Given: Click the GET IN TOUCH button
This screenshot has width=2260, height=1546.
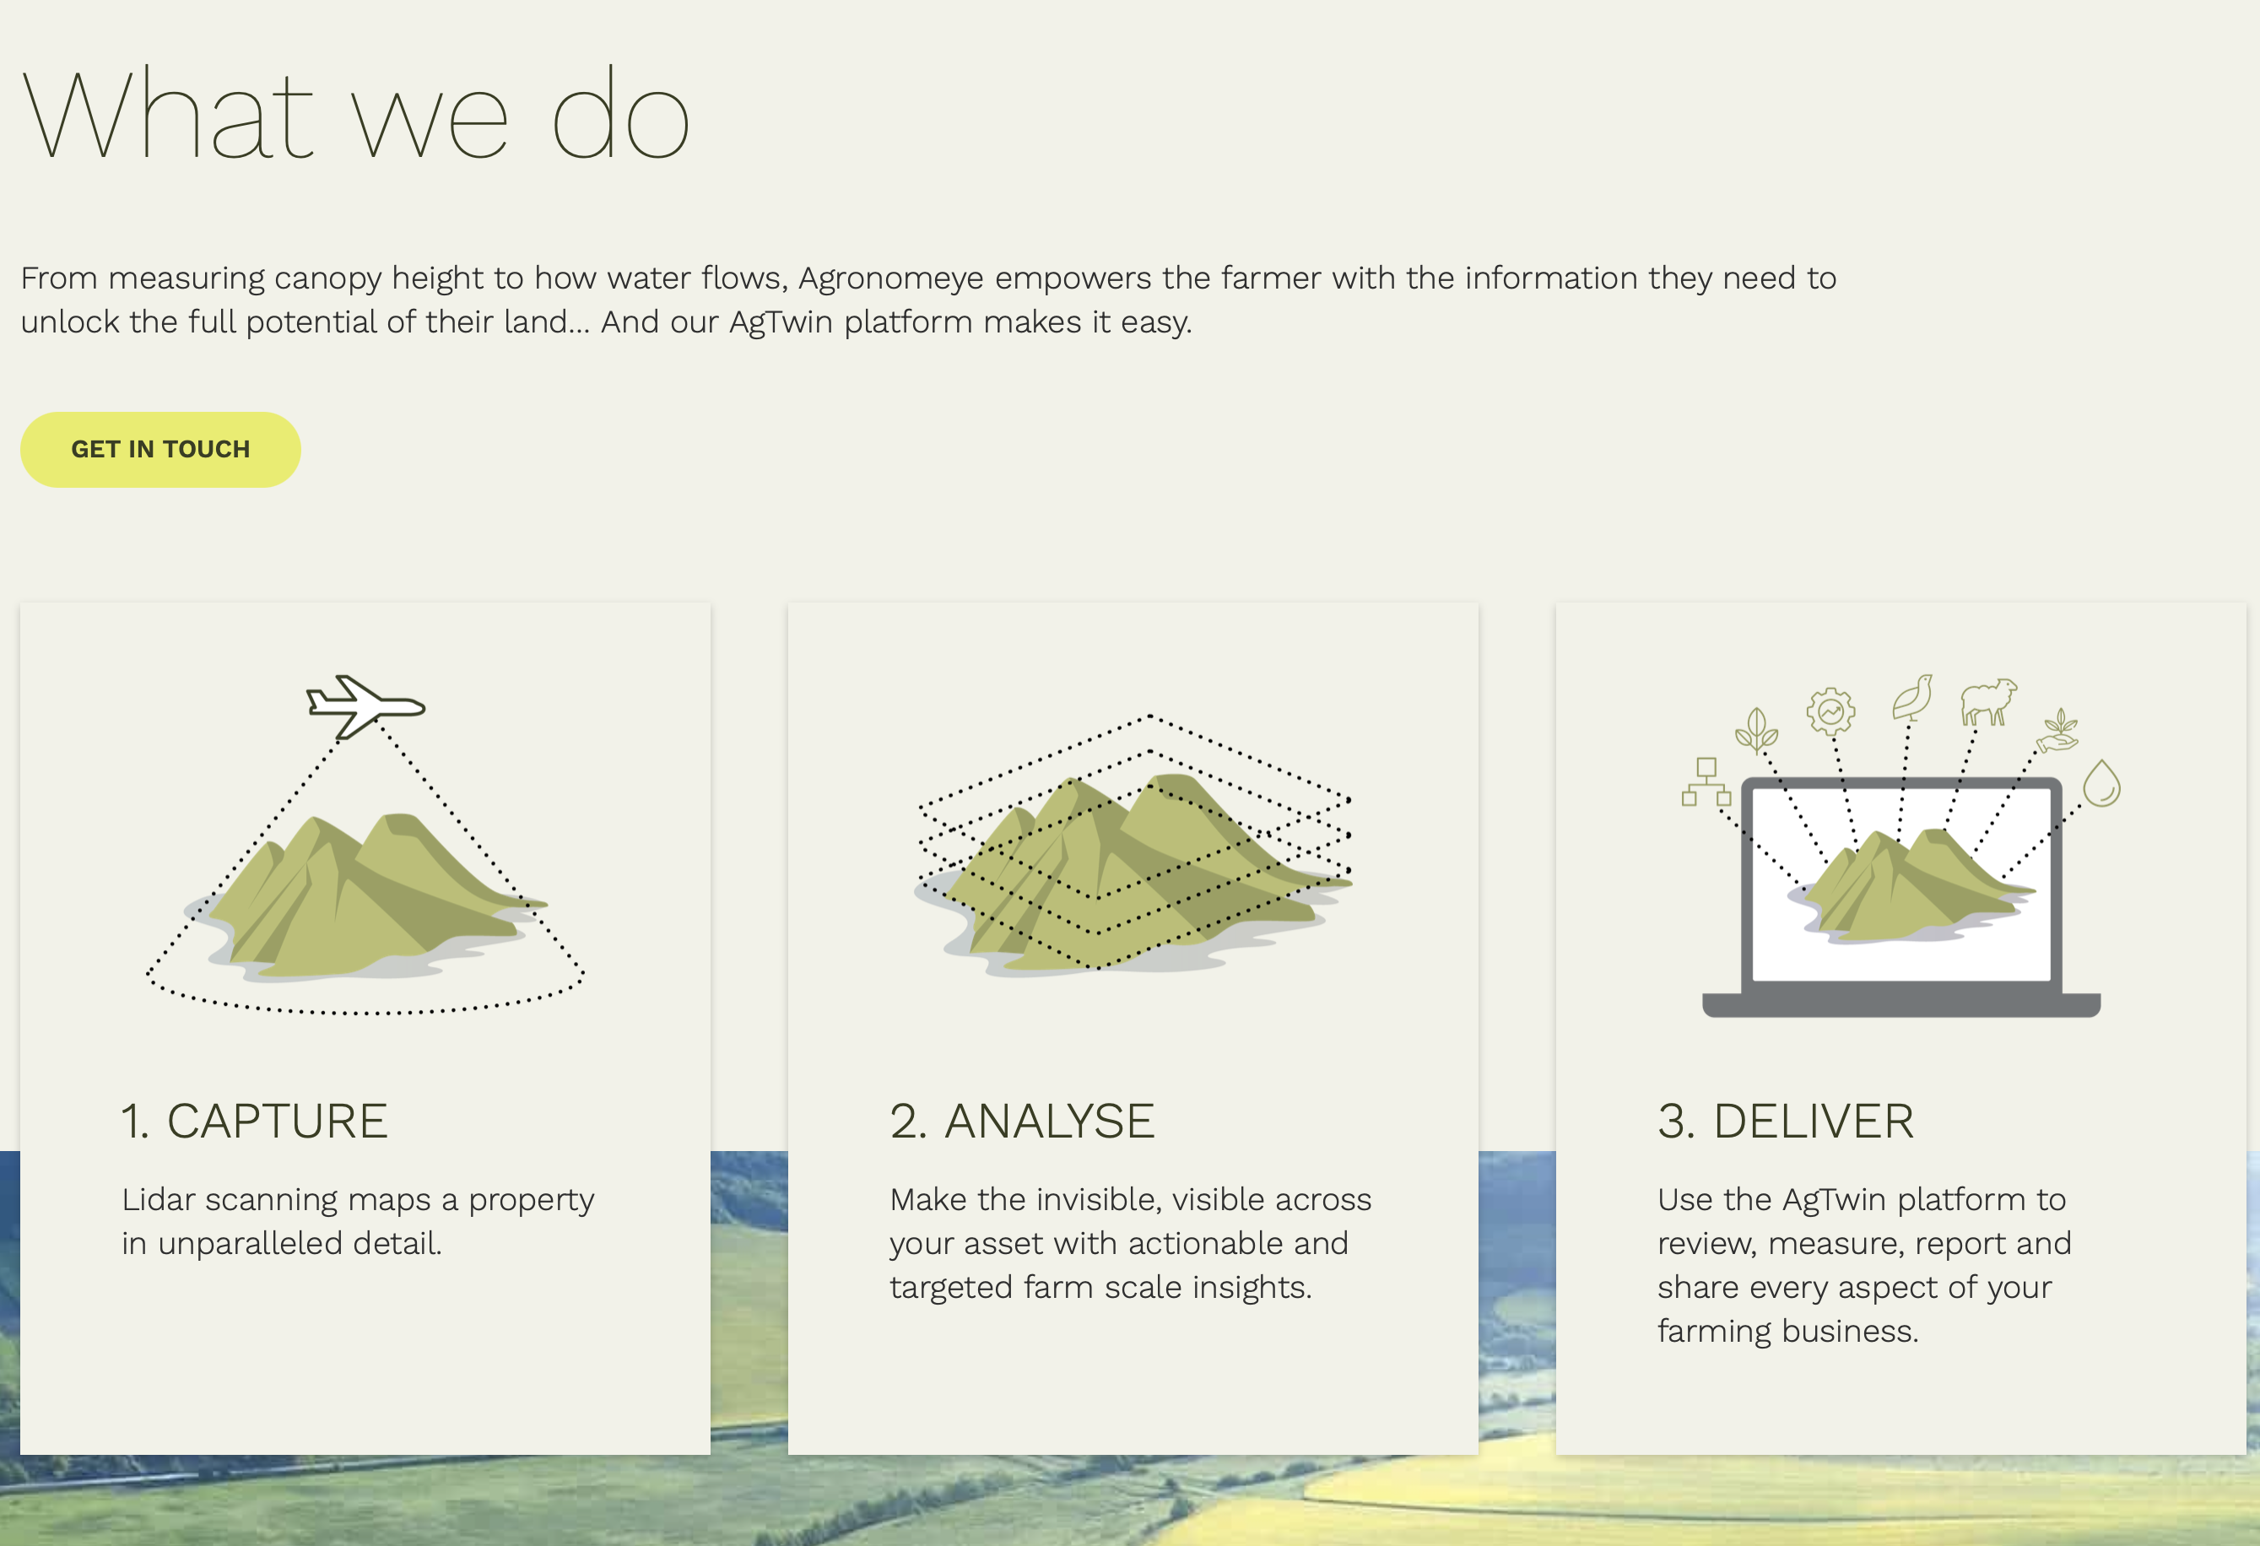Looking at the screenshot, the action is coord(160,449).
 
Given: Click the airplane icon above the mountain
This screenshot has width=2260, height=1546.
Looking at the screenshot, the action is coord(365,705).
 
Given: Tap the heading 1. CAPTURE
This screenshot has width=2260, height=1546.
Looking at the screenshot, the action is coord(254,1121).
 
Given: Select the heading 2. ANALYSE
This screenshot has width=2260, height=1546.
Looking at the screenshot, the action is coord(1022,1121).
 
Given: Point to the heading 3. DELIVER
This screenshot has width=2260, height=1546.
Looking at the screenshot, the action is coord(1786,1121).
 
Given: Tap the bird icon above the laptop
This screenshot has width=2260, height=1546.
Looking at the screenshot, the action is coord(1913,697).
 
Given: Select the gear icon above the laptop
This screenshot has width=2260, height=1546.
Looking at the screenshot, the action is coord(1831,711).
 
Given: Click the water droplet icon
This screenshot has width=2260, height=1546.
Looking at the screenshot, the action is coord(2101,784).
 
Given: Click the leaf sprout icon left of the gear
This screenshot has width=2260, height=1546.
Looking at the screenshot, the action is coord(1756,730).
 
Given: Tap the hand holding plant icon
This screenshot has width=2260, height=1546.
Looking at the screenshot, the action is coord(2057,730).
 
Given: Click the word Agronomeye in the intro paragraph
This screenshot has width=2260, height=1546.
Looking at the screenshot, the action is coord(891,280).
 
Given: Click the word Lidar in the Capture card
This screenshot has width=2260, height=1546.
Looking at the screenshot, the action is coord(159,1200).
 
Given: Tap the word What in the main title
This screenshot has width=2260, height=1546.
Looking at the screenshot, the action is coord(166,114).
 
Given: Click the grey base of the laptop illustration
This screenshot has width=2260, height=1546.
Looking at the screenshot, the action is coord(1901,1004).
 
